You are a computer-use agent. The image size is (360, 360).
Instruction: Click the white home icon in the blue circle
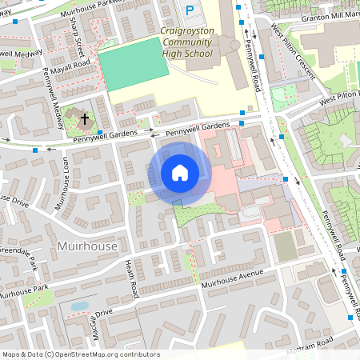[x=180, y=172]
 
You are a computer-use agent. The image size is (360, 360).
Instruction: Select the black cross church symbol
[x=84, y=119]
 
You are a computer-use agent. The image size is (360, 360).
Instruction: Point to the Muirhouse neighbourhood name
[x=87, y=246]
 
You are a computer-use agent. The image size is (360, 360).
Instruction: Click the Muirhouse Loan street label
[x=59, y=182]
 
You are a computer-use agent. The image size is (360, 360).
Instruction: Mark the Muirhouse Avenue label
[x=232, y=279]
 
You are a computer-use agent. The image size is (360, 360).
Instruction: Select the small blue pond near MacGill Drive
[x=80, y=306]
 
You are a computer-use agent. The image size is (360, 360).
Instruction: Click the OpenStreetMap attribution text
[x=81, y=354]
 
